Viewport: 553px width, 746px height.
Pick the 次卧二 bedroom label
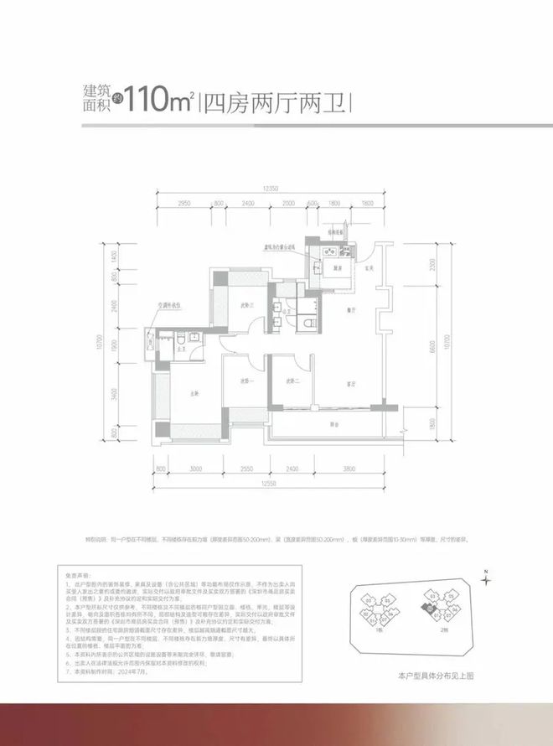292,381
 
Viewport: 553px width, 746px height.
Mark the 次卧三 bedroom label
246,306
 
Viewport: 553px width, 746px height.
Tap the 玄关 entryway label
366,268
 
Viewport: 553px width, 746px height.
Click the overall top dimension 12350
268,190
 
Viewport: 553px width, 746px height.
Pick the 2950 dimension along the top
185,204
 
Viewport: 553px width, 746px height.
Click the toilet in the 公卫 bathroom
311,322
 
